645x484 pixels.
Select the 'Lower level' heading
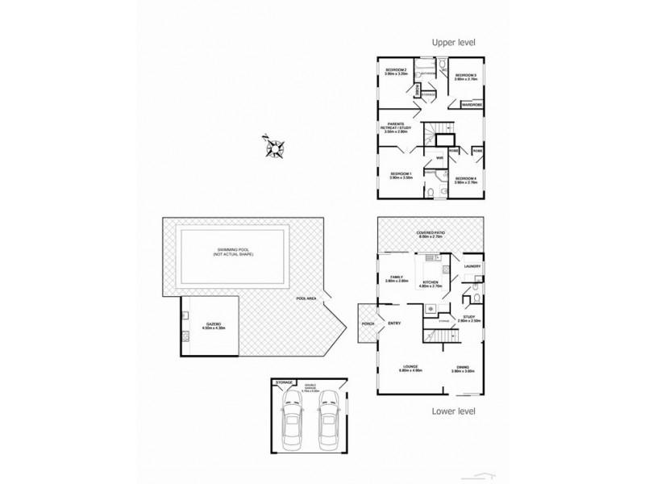[454, 411]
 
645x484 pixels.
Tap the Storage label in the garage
[284, 382]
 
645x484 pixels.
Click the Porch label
[369, 324]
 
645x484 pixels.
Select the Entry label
[394, 323]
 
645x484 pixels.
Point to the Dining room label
[462, 369]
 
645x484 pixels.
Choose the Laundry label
[473, 266]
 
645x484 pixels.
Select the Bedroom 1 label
[401, 175]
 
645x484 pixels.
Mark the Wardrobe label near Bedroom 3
[472, 105]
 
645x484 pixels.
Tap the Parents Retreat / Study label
[397, 127]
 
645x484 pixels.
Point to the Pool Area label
[306, 298]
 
